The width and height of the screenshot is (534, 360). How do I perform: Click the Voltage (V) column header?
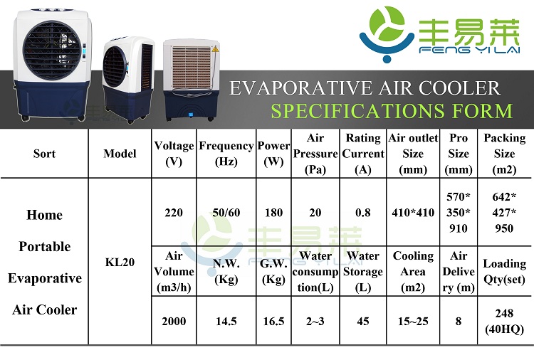(x=174, y=154)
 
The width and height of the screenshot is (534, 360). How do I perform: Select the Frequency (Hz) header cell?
(x=226, y=154)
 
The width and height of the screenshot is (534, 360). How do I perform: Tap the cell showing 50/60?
(x=226, y=213)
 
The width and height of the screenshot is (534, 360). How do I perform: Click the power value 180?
(x=274, y=213)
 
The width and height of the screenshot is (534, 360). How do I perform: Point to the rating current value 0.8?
(x=363, y=213)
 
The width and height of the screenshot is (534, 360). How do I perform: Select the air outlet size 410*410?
(x=413, y=213)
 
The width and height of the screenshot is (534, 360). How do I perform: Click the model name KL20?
(x=120, y=262)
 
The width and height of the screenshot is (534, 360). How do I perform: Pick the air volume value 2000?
(x=174, y=321)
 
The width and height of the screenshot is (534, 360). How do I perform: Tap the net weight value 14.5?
(x=226, y=321)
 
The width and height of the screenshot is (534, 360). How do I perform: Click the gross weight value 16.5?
(x=274, y=321)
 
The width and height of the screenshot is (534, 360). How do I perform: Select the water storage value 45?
(x=363, y=321)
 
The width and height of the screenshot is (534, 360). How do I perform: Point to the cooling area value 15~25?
(x=413, y=321)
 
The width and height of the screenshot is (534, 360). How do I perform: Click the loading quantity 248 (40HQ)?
(x=504, y=321)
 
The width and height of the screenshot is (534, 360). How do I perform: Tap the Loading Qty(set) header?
(x=504, y=272)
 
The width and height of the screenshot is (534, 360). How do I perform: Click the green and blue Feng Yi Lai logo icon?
(x=387, y=34)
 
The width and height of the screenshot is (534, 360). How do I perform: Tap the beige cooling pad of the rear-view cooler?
(x=191, y=68)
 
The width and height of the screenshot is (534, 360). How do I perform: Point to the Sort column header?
(x=44, y=154)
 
